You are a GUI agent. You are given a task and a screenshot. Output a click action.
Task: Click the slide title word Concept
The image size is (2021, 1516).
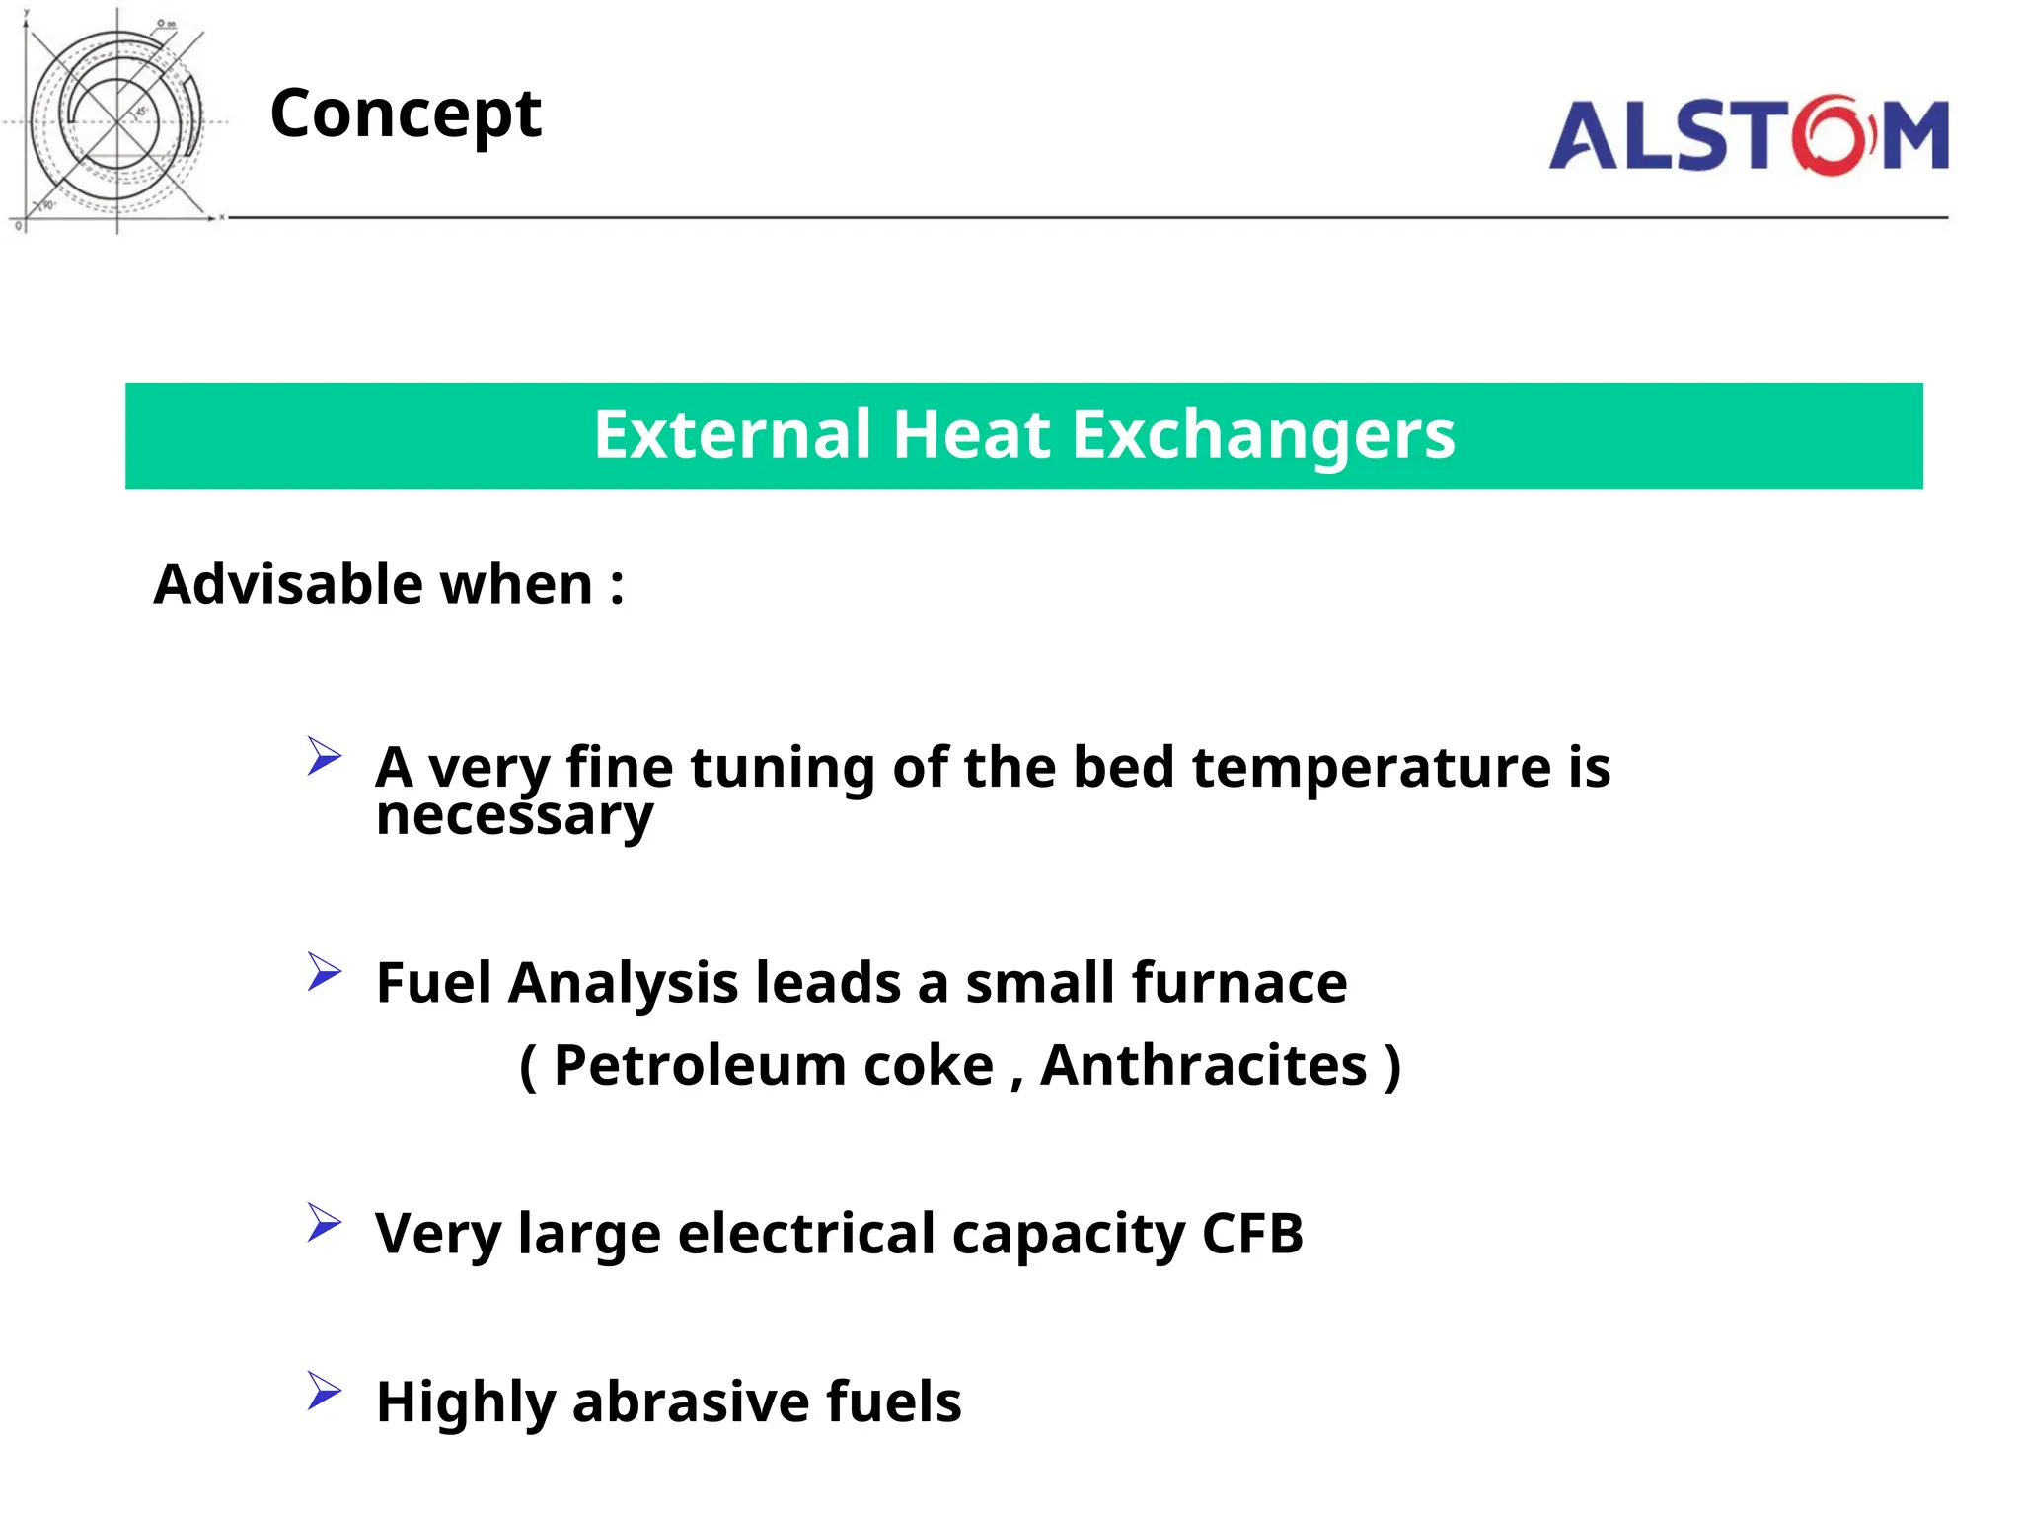pos(406,114)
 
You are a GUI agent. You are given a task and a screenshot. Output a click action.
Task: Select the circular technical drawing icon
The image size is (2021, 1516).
pos(116,120)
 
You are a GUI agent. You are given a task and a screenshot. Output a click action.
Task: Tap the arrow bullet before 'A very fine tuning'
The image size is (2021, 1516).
pos(323,756)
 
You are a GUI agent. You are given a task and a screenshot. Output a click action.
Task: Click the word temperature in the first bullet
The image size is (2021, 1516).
pos(1371,768)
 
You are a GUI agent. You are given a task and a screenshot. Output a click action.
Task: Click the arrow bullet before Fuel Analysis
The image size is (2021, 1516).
pos(323,972)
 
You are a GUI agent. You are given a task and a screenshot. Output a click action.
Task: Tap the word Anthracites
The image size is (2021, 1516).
pos(1204,1066)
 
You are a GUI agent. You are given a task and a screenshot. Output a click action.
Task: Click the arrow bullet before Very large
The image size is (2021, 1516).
pos(323,1223)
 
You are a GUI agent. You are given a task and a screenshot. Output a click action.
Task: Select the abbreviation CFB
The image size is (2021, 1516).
pos(1252,1234)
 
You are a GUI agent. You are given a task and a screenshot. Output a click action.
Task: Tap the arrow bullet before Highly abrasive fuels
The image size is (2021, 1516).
pos(323,1391)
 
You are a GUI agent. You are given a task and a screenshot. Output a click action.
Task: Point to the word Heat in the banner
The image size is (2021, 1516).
pos(971,435)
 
